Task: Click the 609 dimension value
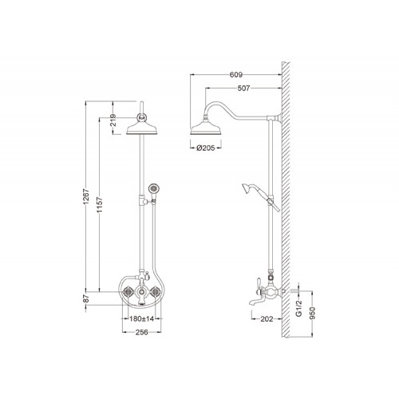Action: point(236,75)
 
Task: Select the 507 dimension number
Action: point(243,88)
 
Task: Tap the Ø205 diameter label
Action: point(206,148)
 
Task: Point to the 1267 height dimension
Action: point(85,197)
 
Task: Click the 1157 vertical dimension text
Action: point(100,205)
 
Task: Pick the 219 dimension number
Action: point(113,120)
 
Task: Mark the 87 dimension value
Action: point(85,298)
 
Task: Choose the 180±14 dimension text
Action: point(141,318)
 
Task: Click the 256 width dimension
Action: point(141,332)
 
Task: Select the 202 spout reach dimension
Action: point(267,318)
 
